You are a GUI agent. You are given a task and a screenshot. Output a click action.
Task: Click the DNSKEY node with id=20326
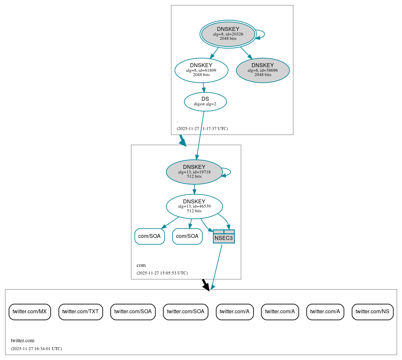(228, 34)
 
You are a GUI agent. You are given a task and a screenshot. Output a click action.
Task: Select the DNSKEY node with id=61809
(201, 70)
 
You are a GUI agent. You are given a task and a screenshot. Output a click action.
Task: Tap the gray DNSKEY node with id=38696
(263, 70)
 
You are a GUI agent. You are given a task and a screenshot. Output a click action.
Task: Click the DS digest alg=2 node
(205, 102)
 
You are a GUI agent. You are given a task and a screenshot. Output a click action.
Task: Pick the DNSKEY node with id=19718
(194, 172)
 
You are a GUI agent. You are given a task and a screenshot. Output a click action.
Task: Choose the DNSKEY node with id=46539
(194, 206)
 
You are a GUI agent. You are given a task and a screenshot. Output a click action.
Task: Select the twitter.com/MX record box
(30, 312)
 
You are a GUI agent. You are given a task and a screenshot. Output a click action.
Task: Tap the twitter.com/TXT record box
(81, 312)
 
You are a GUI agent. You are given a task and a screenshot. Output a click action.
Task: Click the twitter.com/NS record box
(372, 312)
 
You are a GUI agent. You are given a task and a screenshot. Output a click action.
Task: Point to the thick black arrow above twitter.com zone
(205, 285)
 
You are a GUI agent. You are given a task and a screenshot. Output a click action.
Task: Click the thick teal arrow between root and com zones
(182, 140)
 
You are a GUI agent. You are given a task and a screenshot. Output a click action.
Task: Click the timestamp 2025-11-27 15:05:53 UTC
(162, 273)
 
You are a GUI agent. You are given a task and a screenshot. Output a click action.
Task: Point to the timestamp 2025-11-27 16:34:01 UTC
(36, 349)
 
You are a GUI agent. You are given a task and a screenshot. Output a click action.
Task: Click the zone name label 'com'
(141, 265)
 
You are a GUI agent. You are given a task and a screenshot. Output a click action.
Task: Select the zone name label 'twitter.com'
(22, 341)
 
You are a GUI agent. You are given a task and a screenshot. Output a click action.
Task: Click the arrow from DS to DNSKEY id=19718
(200, 135)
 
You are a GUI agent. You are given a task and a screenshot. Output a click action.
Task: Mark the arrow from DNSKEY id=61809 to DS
(203, 88)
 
